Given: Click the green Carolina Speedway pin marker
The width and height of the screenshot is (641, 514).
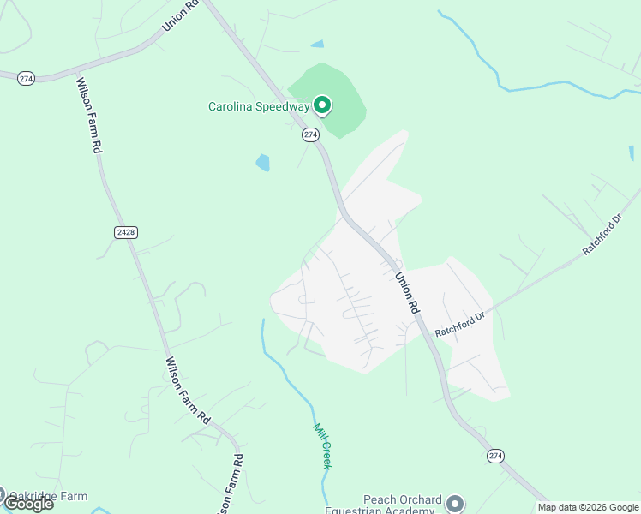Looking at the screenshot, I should point(322,105).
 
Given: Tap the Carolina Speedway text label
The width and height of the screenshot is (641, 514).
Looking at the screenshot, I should point(260,107).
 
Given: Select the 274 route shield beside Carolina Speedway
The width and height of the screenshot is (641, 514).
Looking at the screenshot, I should point(310,134).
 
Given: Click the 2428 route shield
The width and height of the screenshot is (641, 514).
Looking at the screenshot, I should point(124,232).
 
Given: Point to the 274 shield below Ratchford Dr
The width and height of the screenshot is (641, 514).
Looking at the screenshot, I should point(495,456).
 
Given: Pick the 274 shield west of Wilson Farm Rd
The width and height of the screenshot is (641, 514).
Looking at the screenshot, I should point(25,78).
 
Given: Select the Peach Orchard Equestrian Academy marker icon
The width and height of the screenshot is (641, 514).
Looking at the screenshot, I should point(455,503).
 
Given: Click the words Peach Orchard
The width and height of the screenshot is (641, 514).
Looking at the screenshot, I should point(402,499).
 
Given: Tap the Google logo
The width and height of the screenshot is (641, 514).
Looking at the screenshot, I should point(27,504).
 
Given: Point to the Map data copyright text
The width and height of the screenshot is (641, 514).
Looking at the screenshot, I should point(588,507).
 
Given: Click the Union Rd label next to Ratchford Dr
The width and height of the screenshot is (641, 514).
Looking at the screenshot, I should point(407,292).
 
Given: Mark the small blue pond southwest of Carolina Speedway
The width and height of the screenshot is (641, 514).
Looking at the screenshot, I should point(262,162).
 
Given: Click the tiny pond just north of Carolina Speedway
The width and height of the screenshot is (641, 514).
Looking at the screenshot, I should point(318,44).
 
